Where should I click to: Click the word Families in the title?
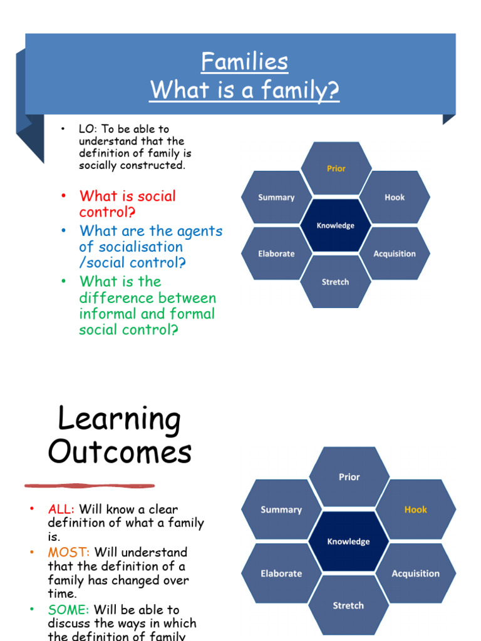pyautogui.click(x=244, y=62)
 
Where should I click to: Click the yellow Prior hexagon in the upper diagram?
pyautogui.click(x=336, y=168)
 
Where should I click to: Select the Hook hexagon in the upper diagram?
pyautogui.click(x=395, y=197)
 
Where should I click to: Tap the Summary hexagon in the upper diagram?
pyautogui.click(x=276, y=197)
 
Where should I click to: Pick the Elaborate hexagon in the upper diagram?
pyautogui.click(x=276, y=254)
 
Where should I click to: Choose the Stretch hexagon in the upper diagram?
pyautogui.click(x=336, y=282)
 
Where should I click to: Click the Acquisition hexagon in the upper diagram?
pyautogui.click(x=395, y=254)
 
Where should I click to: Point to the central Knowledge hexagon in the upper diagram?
pyautogui.click(x=336, y=225)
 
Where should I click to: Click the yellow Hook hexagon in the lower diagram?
pyautogui.click(x=415, y=510)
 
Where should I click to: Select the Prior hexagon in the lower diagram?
pyautogui.click(x=349, y=477)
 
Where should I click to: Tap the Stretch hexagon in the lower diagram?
pyautogui.click(x=348, y=605)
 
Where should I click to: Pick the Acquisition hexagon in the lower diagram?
pyautogui.click(x=415, y=573)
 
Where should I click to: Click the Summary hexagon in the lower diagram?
pyautogui.click(x=281, y=510)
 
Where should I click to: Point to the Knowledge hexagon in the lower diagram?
pyautogui.click(x=348, y=541)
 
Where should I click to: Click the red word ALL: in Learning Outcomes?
pyautogui.click(x=61, y=510)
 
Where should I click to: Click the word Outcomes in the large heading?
pyautogui.click(x=120, y=452)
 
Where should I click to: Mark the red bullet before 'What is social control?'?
pyautogui.click(x=63, y=197)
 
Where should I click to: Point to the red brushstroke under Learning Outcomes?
pyautogui.click(x=90, y=485)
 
